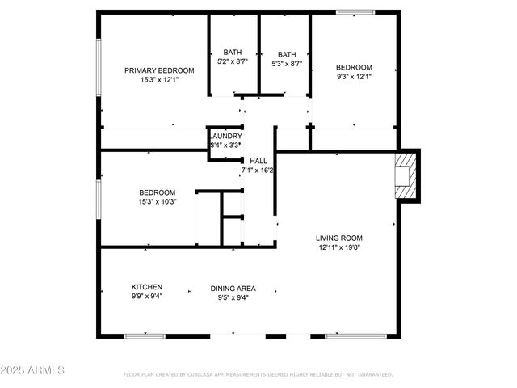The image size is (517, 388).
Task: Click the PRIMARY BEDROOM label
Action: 159,70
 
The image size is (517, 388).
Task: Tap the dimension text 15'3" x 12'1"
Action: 159,80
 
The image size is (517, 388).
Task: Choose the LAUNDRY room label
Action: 225,136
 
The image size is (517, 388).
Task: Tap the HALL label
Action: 258,161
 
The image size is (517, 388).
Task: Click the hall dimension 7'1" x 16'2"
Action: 258,171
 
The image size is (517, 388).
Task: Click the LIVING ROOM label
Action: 339,238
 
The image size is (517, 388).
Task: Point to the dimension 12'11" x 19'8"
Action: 339,247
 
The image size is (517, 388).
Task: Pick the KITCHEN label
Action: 147,287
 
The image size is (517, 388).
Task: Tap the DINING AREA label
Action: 233,288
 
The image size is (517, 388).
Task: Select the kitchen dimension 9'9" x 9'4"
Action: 147,297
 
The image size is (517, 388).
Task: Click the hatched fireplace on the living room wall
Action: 404,175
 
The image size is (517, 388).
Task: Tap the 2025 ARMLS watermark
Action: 33,369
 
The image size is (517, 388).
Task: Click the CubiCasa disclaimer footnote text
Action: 258,375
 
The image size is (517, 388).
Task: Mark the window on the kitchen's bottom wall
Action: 145,335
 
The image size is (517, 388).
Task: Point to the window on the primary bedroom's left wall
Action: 99,65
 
